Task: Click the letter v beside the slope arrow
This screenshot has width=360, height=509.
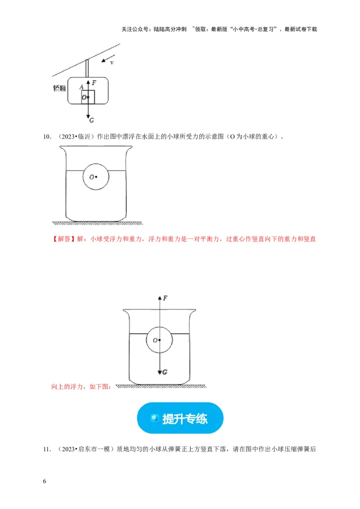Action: [x=112, y=63]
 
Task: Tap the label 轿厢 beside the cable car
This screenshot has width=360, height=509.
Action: [x=59, y=89]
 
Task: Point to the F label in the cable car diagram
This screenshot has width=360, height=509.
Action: [x=94, y=83]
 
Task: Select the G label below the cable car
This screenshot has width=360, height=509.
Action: [x=92, y=120]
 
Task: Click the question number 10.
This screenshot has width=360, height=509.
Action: [x=46, y=137]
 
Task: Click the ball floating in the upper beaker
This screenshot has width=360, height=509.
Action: [x=96, y=177]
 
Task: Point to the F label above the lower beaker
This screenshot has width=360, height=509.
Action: [x=166, y=299]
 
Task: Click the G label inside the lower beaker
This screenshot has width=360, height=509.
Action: [x=165, y=372]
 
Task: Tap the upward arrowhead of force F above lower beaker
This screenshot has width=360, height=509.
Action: [x=159, y=298]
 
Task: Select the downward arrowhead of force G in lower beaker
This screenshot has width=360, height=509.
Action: [x=159, y=371]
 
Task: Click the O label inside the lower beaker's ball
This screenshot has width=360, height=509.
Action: [x=154, y=340]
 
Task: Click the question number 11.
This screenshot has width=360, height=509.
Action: [x=46, y=449]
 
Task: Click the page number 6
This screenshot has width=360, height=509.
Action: [x=45, y=482]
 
